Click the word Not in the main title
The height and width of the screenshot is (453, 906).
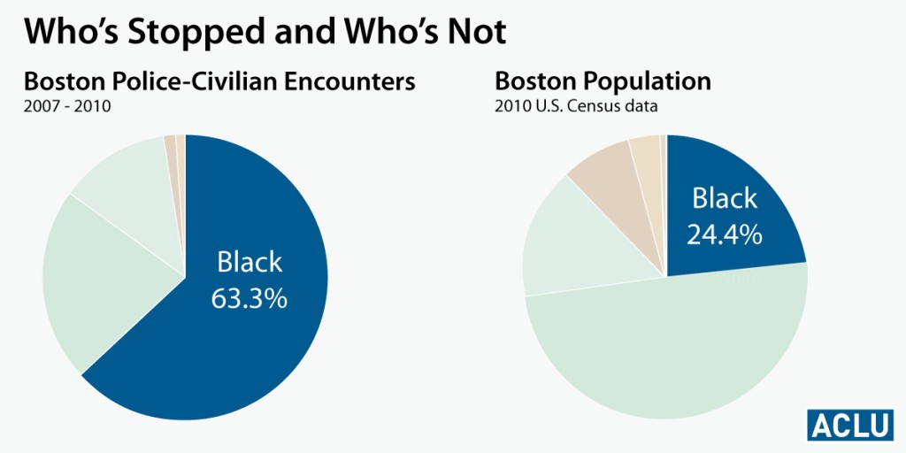475,33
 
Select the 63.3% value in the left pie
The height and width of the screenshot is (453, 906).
249,298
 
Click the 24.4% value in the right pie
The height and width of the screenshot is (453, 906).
725,234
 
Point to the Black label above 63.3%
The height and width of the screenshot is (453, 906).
250,263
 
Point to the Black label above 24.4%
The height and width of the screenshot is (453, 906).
725,198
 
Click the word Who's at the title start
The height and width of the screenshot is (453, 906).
61,33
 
